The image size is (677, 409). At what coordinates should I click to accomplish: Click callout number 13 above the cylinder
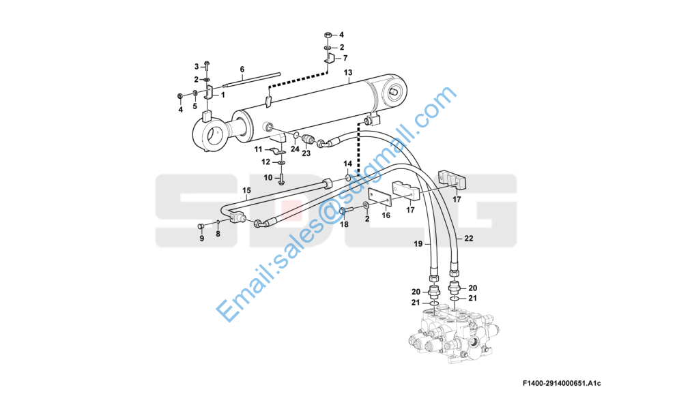347,73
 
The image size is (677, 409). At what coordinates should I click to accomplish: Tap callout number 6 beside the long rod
242,69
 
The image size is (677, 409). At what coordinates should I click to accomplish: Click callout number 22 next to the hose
469,238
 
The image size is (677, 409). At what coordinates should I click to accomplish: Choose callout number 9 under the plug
202,239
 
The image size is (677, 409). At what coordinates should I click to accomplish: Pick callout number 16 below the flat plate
386,215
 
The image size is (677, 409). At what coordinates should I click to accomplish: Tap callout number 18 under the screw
344,224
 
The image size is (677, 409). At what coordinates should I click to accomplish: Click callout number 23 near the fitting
306,153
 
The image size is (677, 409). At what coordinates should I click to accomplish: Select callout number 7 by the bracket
345,58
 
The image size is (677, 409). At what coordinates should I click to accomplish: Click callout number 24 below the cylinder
295,148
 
